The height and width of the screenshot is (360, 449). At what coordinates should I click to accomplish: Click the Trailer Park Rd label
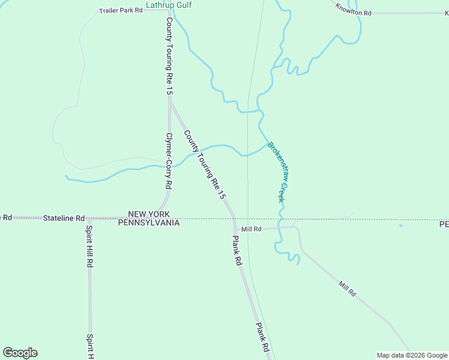(x=121, y=11)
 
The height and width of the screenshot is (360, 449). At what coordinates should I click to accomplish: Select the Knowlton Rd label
(x=354, y=9)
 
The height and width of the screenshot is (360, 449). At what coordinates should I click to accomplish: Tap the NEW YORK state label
(x=149, y=214)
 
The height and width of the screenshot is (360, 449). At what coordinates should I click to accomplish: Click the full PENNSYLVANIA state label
(x=149, y=223)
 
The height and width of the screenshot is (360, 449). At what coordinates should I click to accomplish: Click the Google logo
(x=20, y=353)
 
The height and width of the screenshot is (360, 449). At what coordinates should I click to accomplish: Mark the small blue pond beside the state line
(x=400, y=226)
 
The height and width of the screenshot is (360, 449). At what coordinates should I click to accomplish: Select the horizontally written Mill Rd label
(x=252, y=229)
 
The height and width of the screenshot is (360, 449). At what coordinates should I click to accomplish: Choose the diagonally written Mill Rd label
(x=347, y=289)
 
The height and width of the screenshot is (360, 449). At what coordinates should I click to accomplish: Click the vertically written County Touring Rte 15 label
(x=169, y=56)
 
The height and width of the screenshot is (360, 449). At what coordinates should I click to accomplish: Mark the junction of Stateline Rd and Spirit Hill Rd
(x=89, y=218)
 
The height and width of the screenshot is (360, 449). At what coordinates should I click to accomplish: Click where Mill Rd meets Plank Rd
(x=235, y=229)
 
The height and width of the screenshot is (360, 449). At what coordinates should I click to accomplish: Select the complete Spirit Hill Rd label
(x=89, y=246)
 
